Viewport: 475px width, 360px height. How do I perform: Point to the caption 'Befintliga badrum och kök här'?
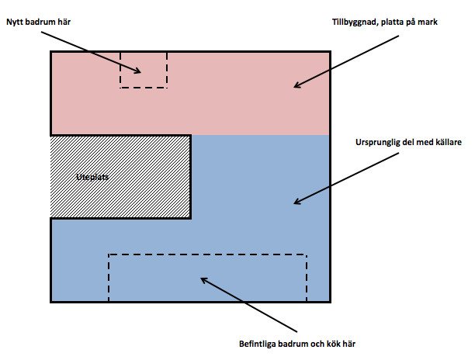(300, 343)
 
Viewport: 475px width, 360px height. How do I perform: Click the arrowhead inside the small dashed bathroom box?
(137, 71)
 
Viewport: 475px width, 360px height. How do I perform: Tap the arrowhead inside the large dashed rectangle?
(203, 279)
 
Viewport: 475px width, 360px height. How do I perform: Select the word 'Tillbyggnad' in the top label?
(348, 22)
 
